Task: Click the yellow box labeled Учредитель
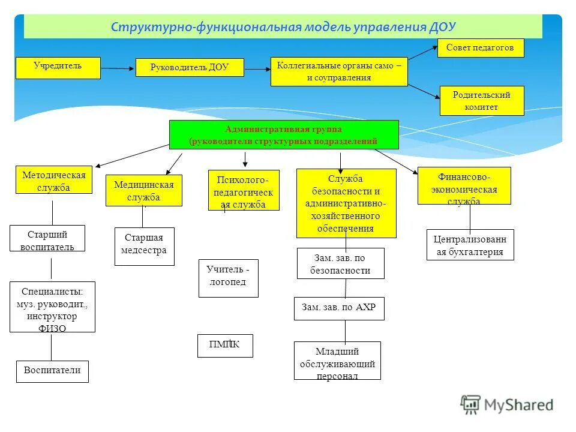pyautogui.click(x=58, y=68)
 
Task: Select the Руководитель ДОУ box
pyautogui.click(x=190, y=68)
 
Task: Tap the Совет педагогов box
pyautogui.click(x=480, y=48)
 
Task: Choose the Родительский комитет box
pyautogui.click(x=481, y=101)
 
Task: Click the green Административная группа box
pyautogui.click(x=284, y=134)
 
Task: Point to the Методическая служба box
pyautogui.click(x=54, y=179)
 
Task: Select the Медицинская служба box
pyautogui.click(x=144, y=190)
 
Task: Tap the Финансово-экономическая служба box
pyautogui.click(x=464, y=185)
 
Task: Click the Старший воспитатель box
pyautogui.click(x=47, y=238)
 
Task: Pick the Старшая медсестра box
pyautogui.click(x=145, y=246)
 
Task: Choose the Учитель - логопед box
pyautogui.click(x=228, y=278)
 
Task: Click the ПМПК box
pyautogui.click(x=225, y=346)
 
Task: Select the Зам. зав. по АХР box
pyautogui.click(x=339, y=308)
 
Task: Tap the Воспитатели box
pyautogui.click(x=52, y=371)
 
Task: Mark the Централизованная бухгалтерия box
pyautogui.click(x=470, y=245)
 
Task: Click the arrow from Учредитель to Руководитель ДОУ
pyautogui.click(x=118, y=68)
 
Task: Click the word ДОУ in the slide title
pyautogui.click(x=443, y=27)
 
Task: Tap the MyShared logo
pyautogui.click(x=507, y=404)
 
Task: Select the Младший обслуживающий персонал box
pyautogui.click(x=337, y=361)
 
